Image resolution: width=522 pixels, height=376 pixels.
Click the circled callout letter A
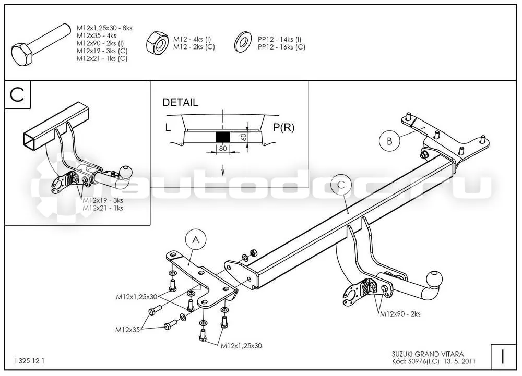[196, 239]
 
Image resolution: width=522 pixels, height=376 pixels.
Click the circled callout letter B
[389, 141]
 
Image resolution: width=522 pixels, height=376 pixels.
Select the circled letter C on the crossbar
[341, 185]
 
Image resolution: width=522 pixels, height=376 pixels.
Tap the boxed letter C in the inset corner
[17, 94]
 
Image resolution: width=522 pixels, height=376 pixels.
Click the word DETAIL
[180, 102]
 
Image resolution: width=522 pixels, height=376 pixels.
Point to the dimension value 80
[223, 149]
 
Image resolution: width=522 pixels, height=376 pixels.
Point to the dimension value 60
[243, 137]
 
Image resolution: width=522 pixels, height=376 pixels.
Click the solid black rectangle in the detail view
[223, 137]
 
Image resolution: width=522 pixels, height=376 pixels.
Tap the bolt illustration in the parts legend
[41, 45]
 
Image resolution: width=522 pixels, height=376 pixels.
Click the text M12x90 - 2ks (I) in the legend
[100, 43]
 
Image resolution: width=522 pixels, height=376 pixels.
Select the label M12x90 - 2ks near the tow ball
[400, 314]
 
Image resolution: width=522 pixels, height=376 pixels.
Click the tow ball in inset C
[126, 172]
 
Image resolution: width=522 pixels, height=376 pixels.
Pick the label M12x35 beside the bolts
[127, 330]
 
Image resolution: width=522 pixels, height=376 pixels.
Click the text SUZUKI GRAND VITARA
[428, 355]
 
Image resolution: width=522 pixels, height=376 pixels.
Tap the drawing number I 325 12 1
[29, 361]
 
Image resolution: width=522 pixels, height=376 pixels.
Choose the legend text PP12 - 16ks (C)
[281, 47]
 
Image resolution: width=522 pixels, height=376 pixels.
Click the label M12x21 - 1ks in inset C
[103, 208]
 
